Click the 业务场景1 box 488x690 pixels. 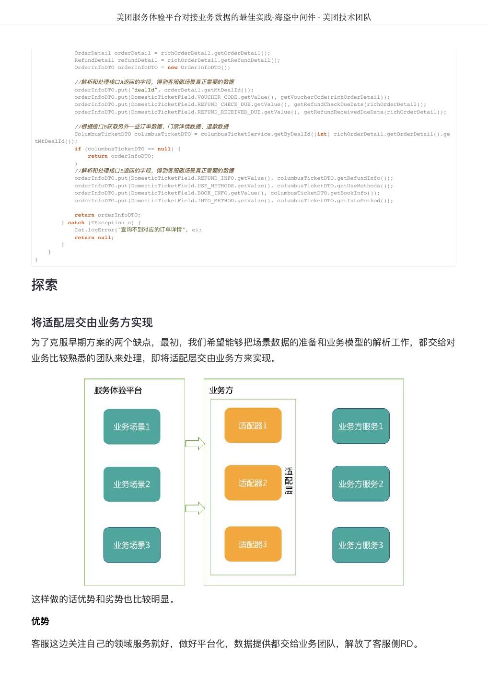(132, 426)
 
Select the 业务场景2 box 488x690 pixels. (132, 484)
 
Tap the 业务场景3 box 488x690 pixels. (132, 545)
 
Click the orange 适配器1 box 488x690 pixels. (253, 425)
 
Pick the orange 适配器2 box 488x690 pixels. (253, 483)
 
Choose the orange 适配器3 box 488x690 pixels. (253, 544)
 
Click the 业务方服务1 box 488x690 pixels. (360, 426)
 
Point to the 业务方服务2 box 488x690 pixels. (360, 484)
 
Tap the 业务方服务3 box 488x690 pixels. (360, 545)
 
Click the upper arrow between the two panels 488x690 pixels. (195, 444)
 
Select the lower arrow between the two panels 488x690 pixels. (195, 508)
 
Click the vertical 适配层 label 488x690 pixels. (289, 481)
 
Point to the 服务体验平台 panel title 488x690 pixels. (118, 391)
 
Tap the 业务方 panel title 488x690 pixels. (221, 391)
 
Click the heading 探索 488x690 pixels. (45, 285)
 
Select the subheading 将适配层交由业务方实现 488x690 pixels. (92, 322)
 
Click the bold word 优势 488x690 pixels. (40, 621)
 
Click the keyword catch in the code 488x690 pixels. (76, 222)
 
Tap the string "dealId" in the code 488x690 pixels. (146, 90)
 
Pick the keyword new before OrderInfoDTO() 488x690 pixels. (173, 68)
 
